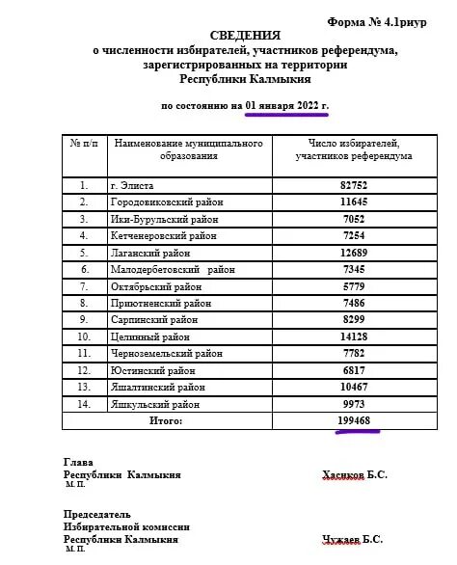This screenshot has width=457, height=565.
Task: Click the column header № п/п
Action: (x=85, y=144)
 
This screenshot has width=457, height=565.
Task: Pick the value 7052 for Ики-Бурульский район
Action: (x=354, y=219)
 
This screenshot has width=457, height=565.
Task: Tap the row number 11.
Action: (x=85, y=354)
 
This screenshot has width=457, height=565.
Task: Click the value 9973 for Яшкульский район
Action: (x=354, y=405)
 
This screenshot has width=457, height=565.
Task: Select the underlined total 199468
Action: (x=358, y=422)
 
